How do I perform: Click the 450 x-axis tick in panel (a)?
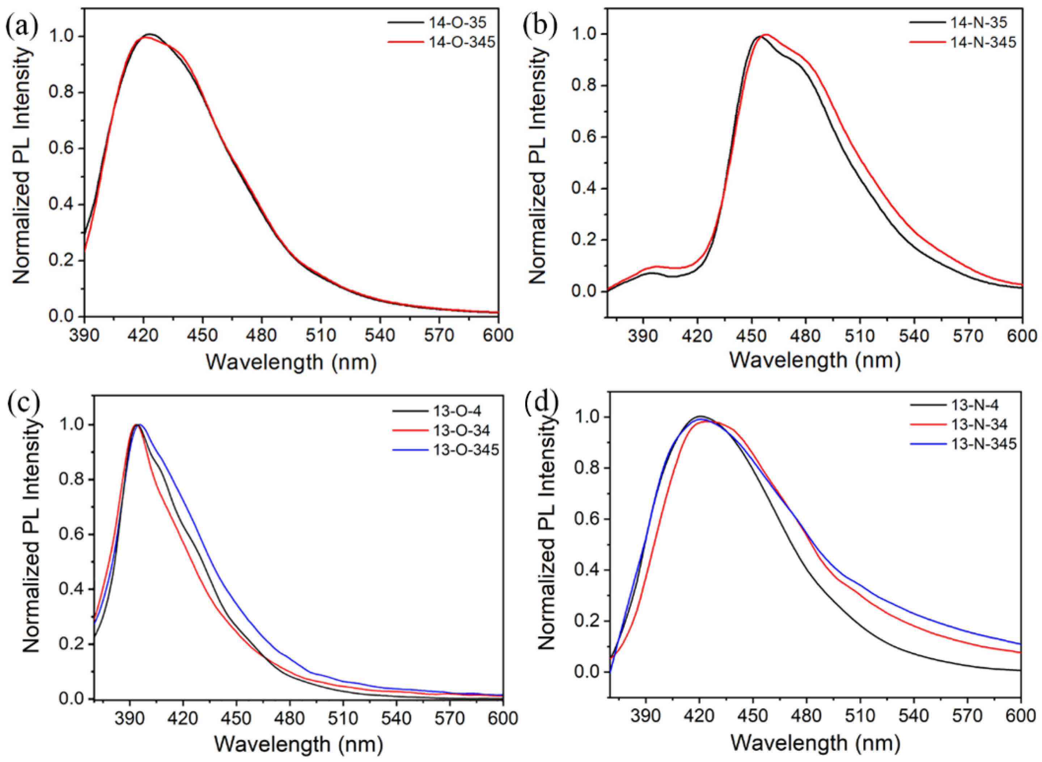203,335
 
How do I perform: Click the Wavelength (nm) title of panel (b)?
815,361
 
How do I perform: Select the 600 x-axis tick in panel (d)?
1021,716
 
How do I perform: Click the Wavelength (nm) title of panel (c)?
299,744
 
